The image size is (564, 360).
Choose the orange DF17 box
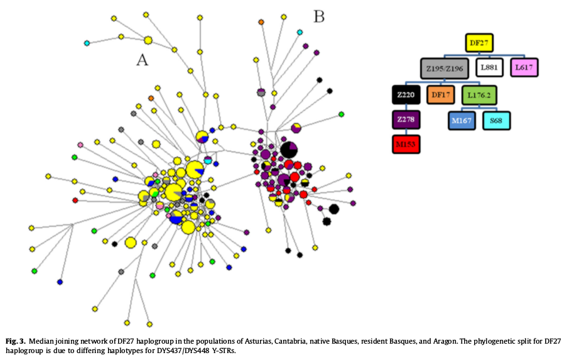(442, 95)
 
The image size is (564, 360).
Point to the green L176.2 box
(480, 95)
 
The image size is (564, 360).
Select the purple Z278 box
(406, 119)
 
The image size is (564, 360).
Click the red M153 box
(406, 144)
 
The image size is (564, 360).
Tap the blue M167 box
(462, 119)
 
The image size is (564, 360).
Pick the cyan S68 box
(497, 119)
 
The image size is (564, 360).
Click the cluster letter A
(143, 60)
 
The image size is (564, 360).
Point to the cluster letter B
(318, 16)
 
